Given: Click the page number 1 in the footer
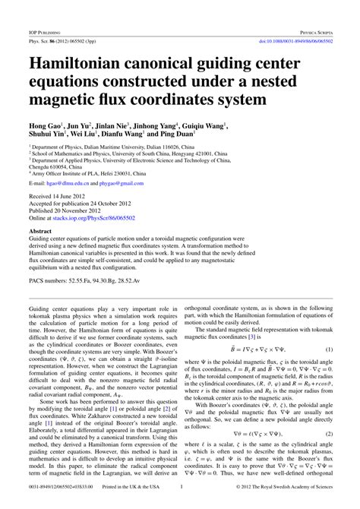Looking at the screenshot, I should [x=180, y=503].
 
